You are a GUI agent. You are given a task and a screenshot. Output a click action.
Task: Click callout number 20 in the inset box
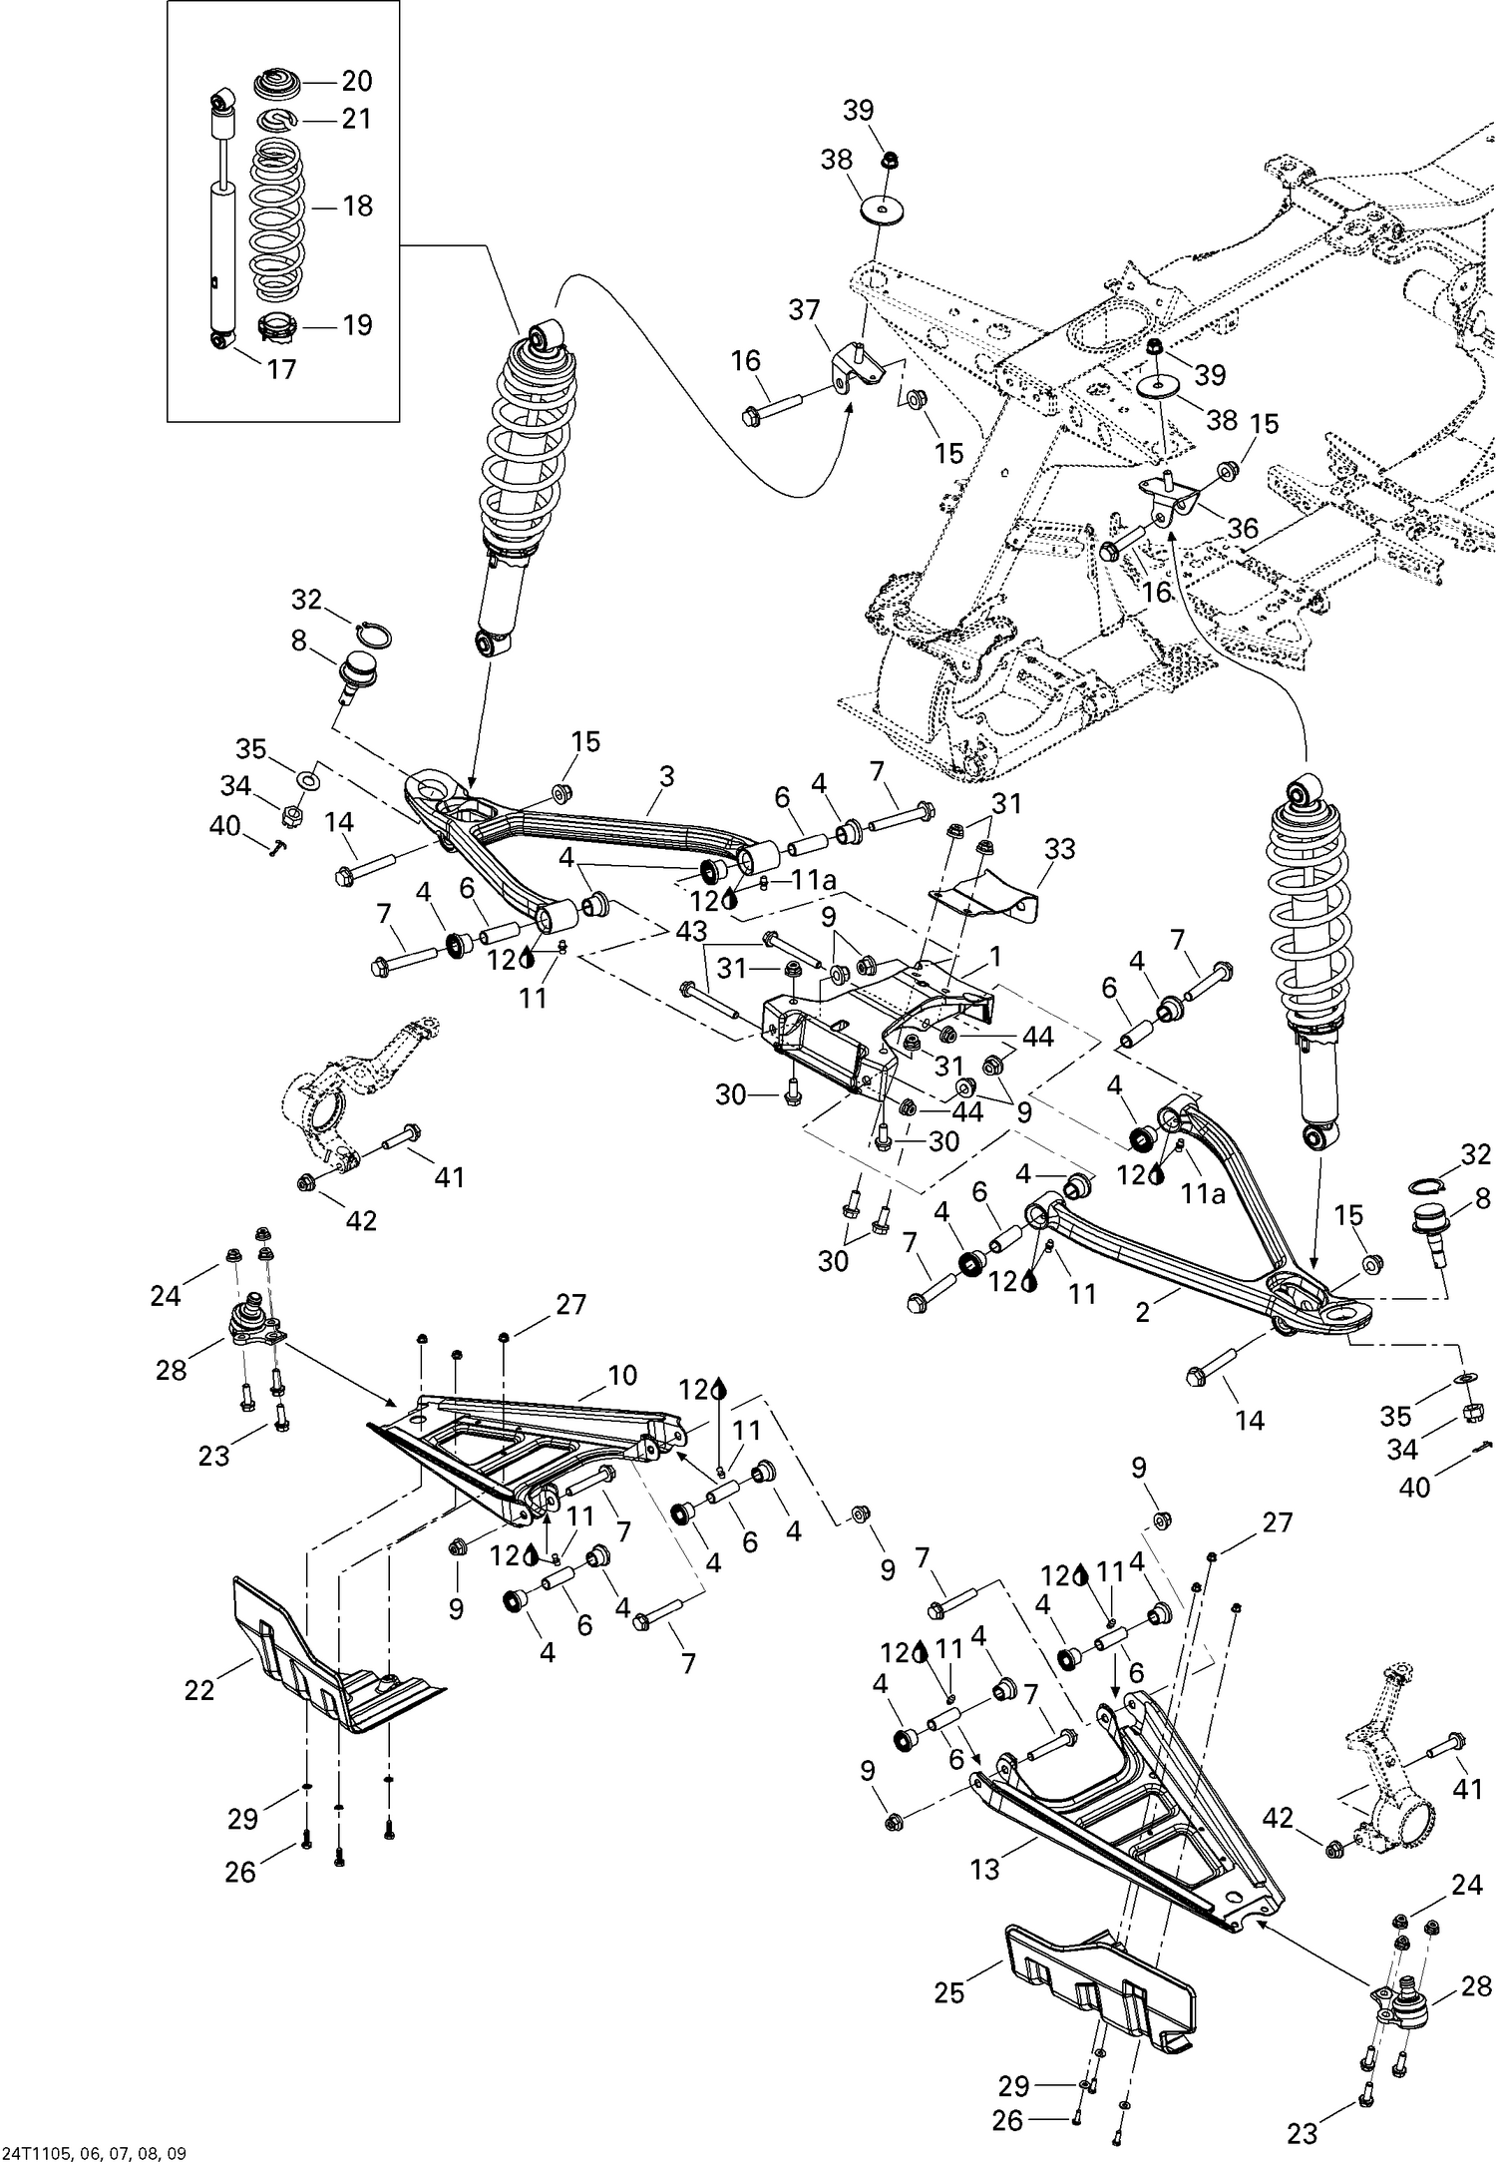356,81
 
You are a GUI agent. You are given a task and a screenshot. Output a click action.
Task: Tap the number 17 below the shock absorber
281,369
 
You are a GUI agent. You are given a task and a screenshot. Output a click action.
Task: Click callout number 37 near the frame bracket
805,309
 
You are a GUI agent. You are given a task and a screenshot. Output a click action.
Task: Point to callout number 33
1060,849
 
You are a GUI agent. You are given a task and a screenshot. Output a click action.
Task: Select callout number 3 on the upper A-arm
667,775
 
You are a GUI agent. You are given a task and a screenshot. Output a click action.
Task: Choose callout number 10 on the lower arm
621,1376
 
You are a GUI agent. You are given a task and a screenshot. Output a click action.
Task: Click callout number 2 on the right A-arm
1142,1313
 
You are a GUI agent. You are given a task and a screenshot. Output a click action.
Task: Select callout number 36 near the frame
1243,528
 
